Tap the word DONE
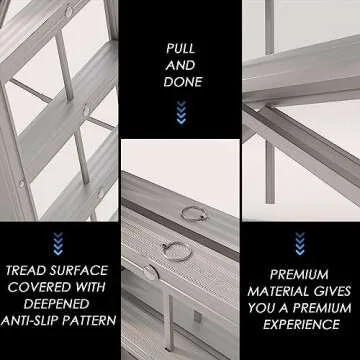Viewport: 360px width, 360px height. coord(181,81)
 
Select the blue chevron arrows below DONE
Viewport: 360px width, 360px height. coord(181,115)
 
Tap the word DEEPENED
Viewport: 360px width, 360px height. coord(60,304)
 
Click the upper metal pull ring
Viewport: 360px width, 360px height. coord(189,212)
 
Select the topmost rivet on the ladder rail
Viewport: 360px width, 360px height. coord(67,12)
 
